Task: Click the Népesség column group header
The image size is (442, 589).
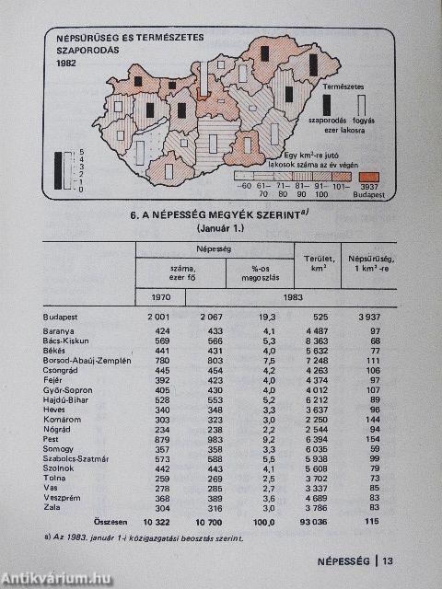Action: click(x=213, y=247)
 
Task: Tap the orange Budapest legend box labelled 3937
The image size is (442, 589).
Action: click(x=367, y=178)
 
